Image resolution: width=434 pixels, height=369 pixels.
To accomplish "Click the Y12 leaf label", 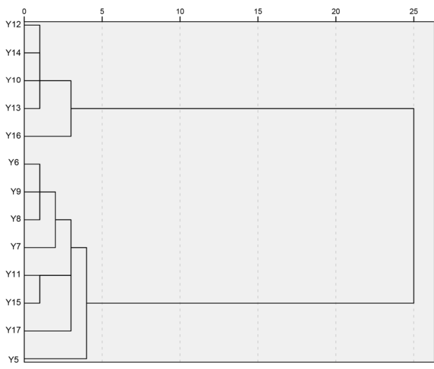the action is [13, 25].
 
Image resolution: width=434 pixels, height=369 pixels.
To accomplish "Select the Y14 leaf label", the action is [13, 53].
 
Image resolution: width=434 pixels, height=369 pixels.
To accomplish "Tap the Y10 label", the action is [13, 81].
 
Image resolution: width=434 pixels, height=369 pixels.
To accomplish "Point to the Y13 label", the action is [13, 109].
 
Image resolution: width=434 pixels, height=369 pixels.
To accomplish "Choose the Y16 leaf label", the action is [13, 136].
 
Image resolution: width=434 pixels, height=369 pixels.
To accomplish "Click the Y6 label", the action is [15, 164].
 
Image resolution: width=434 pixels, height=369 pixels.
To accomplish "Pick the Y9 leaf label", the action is [15, 192].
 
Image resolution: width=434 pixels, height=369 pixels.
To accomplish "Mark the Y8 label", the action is [15, 220].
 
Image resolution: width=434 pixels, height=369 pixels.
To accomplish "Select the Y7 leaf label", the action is [15, 247].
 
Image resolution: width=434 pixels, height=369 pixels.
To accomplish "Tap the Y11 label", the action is [13, 275].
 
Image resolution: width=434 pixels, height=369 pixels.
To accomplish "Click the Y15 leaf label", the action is [13, 303].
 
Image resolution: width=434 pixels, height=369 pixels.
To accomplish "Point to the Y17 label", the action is [13, 330].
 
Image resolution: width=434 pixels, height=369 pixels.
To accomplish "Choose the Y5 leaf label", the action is [15, 359].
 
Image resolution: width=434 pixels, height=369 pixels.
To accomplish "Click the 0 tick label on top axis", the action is [24, 11].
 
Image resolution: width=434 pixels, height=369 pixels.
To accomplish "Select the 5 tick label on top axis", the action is [102, 11].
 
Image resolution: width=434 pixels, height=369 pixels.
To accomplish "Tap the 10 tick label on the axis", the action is [180, 11].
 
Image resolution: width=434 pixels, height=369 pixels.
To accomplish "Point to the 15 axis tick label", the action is [258, 11].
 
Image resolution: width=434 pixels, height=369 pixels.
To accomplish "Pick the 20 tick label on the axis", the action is [336, 11].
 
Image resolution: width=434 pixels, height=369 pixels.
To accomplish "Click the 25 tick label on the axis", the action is [413, 11].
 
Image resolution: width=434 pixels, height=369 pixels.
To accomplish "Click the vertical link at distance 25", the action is [413, 206].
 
